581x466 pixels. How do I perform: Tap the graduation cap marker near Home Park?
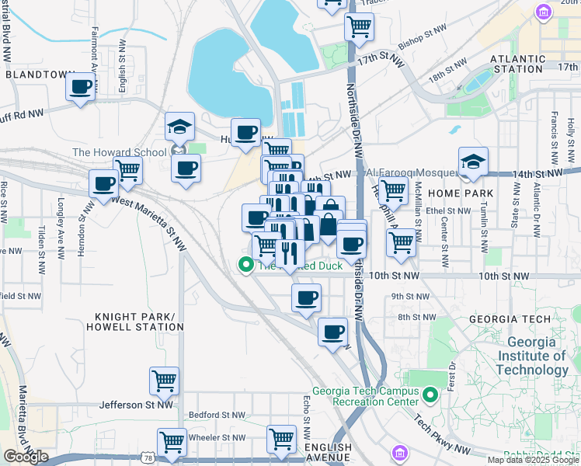click(473, 162)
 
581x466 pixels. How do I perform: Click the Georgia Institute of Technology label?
click(531, 356)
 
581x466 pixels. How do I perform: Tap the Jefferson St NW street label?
click(137, 405)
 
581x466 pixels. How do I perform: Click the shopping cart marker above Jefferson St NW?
click(165, 381)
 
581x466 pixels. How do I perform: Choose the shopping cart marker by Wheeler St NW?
click(172, 441)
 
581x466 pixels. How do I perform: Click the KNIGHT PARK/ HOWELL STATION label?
click(139, 322)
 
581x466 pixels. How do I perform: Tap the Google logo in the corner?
click(26, 457)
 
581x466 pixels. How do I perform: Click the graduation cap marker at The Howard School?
click(179, 127)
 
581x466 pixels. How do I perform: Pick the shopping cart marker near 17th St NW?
click(360, 26)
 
